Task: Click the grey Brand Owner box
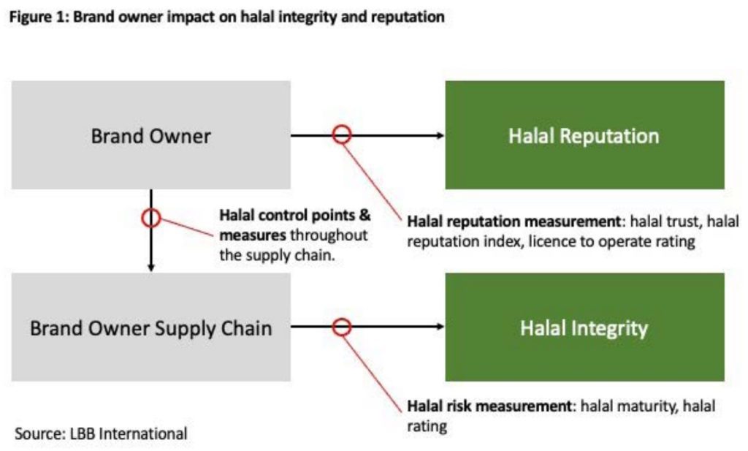(150, 135)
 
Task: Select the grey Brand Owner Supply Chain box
(150, 327)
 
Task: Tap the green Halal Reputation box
(585, 135)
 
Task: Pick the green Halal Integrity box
(585, 327)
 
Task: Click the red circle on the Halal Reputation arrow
(342, 126)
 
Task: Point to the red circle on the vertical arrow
(150, 209)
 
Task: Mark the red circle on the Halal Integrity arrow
(342, 318)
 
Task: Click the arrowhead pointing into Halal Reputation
(440, 135)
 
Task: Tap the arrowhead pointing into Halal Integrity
(440, 327)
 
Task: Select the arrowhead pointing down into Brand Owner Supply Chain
(151, 268)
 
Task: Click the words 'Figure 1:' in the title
(39, 18)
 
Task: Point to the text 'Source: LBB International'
(101, 433)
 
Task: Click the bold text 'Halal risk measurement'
(489, 406)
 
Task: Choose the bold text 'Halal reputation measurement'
(514, 221)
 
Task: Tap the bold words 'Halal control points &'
(295, 215)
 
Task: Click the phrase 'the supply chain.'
(277, 255)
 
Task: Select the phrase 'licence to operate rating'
(611, 241)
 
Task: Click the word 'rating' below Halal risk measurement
(427, 426)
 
